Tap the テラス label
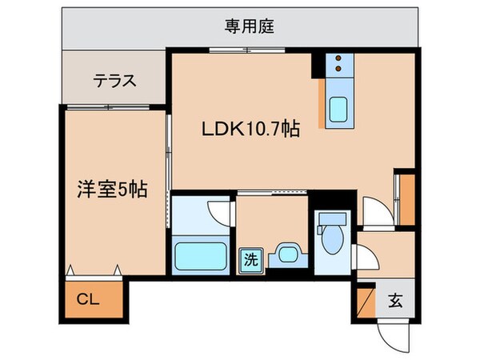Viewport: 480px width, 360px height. click(x=115, y=81)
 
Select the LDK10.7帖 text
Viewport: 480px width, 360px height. click(x=249, y=129)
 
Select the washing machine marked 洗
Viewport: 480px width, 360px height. click(x=250, y=258)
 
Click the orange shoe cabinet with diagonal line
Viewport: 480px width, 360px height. click(x=365, y=302)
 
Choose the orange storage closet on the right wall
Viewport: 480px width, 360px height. click(x=406, y=200)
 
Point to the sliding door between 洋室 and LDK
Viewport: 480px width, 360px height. click(x=170, y=152)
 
